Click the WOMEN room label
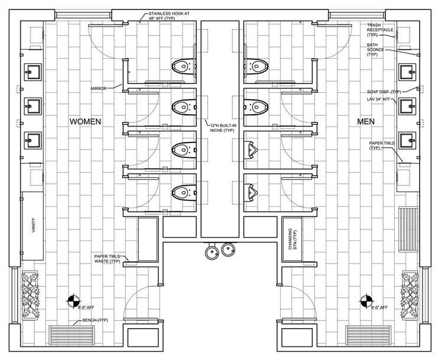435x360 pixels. click(x=86, y=121)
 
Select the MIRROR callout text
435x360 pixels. click(x=99, y=88)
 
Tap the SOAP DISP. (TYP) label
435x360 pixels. click(x=384, y=92)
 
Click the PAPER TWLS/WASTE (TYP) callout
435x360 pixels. click(x=107, y=258)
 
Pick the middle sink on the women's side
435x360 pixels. click(x=32, y=107)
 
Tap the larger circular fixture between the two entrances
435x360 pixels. click(x=211, y=252)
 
